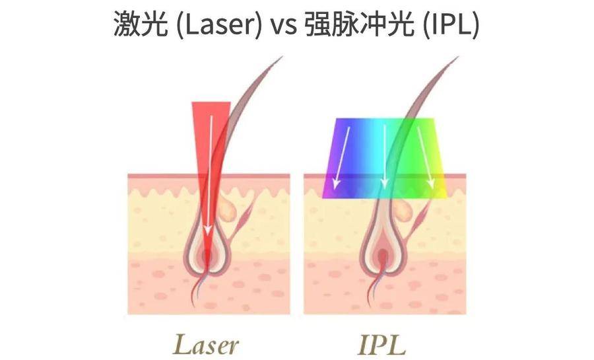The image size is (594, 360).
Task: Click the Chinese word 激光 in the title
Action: coord(141,24)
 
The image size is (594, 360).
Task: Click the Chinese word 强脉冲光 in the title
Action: coord(359,24)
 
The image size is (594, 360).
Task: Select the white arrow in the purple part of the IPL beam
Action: coord(341,158)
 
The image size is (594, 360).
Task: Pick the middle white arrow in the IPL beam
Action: coord(385,157)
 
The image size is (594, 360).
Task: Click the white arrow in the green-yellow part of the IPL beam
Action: coord(424,158)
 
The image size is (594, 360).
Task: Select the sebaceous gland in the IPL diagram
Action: coord(403,209)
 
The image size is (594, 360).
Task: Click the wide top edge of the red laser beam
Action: coord(211,102)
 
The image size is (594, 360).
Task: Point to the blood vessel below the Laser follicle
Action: coord(197,289)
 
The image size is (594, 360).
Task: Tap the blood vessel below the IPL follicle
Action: coord(373,289)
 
